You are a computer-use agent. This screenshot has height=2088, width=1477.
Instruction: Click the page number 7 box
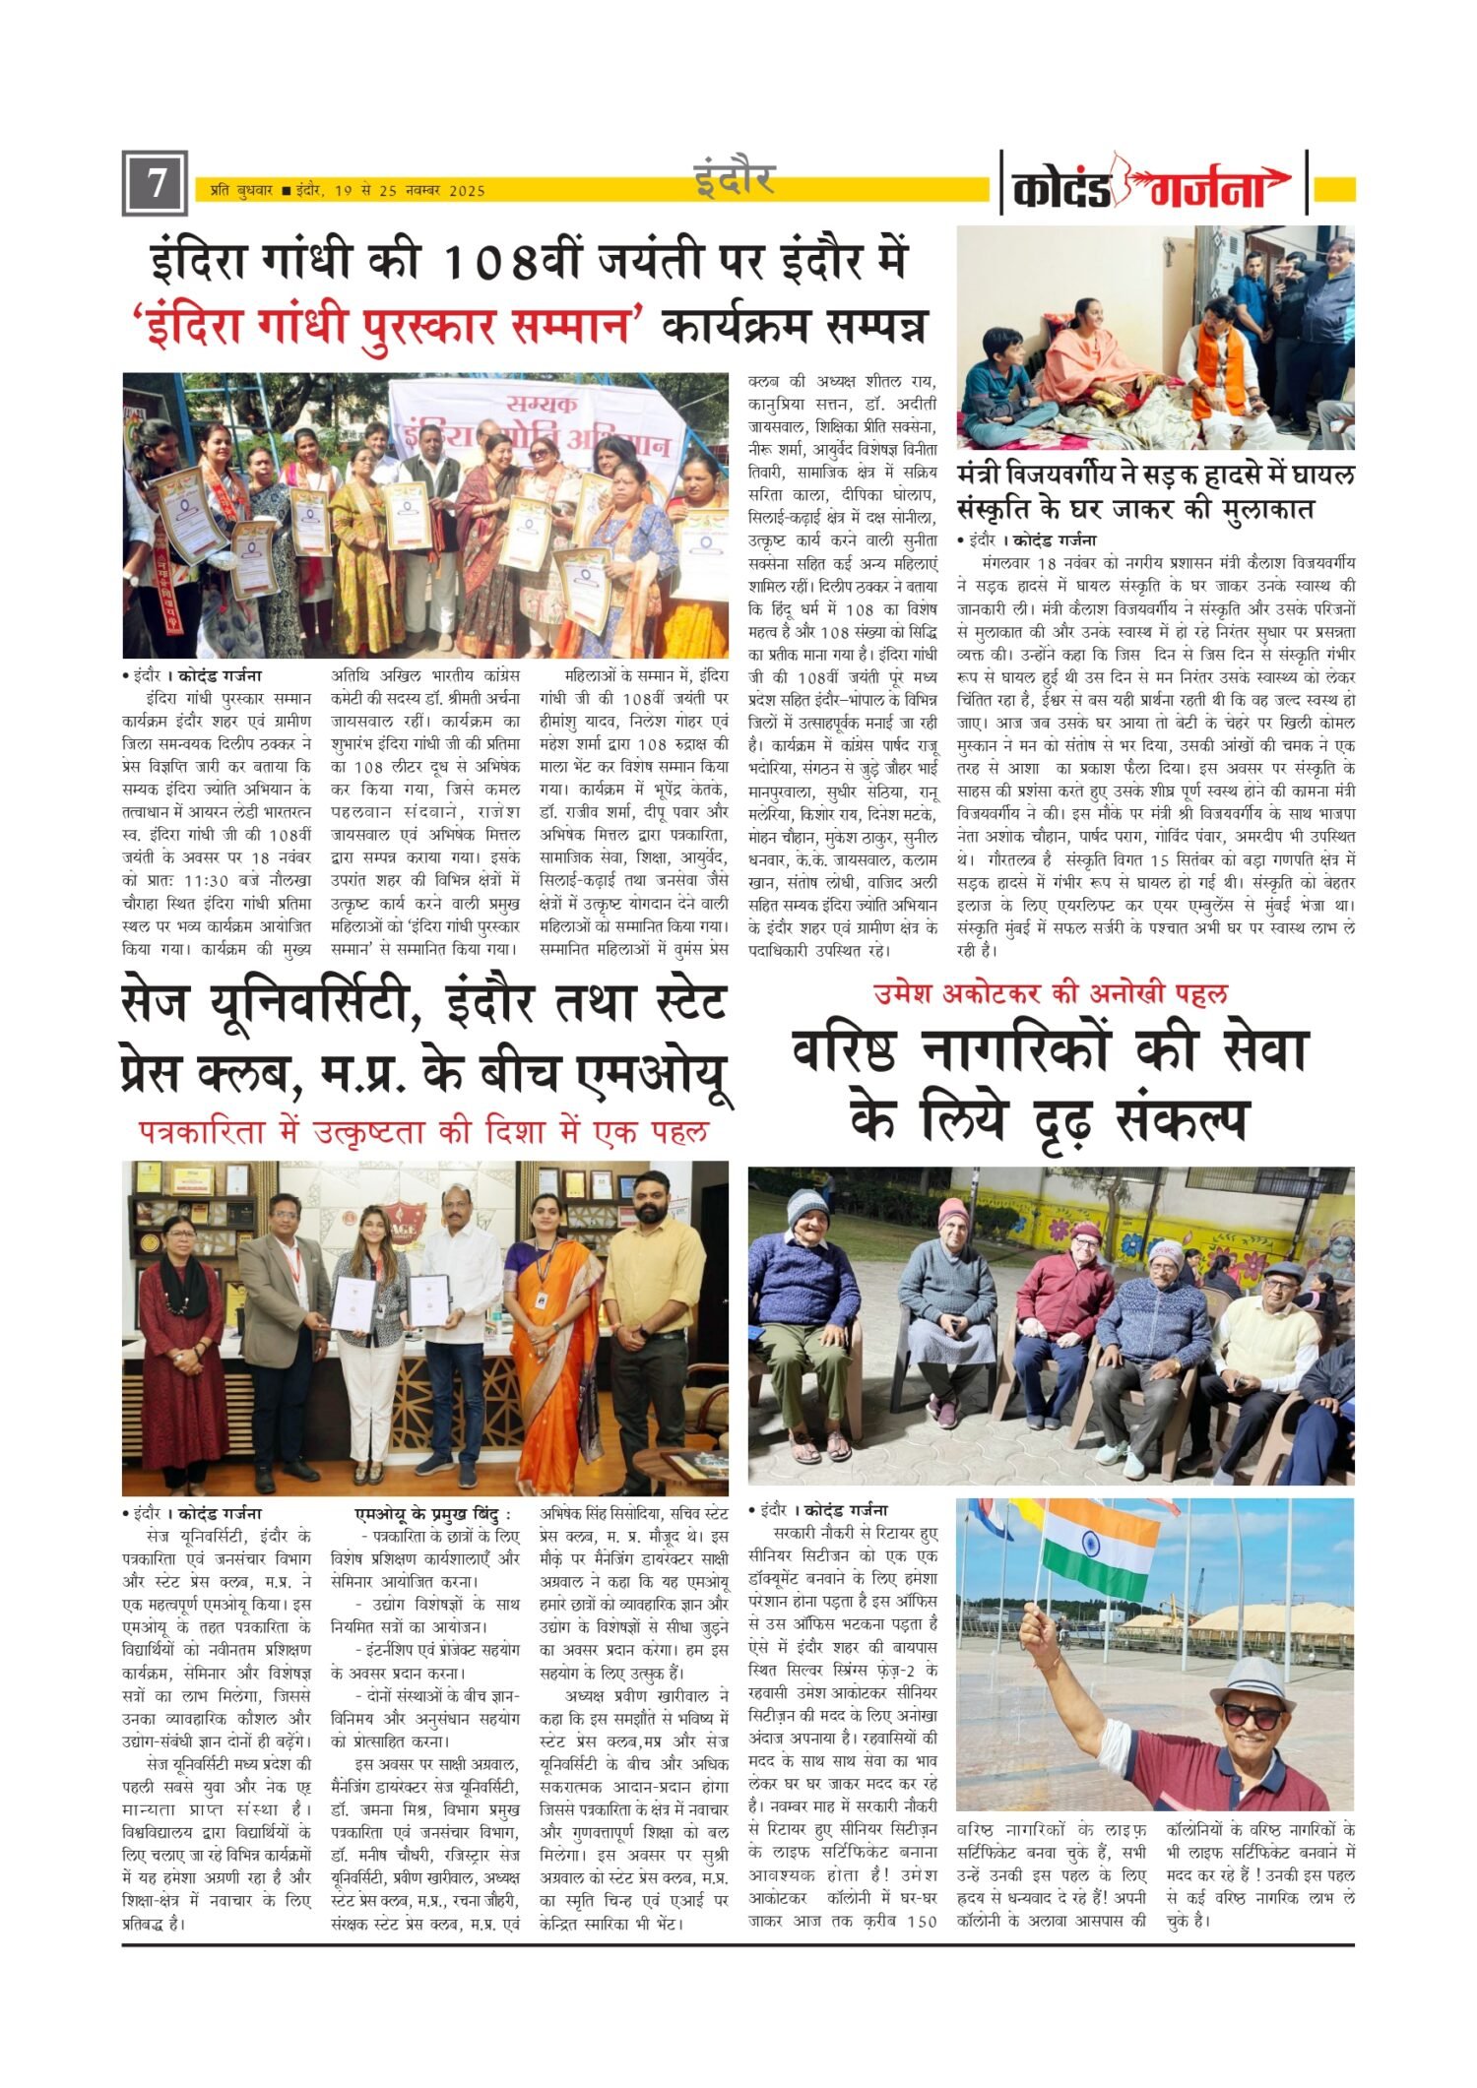[x=155, y=183]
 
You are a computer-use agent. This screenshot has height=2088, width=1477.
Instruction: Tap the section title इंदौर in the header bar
[x=734, y=179]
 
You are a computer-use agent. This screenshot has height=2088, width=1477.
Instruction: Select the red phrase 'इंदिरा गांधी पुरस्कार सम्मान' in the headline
[x=387, y=326]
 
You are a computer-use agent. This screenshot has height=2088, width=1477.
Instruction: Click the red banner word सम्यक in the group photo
[x=542, y=403]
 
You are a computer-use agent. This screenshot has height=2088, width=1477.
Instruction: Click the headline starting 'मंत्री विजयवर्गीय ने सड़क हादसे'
[x=1154, y=493]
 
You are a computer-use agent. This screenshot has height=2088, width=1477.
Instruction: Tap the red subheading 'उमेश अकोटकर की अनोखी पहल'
[x=1051, y=994]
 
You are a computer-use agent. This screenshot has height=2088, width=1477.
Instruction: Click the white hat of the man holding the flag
[x=1252, y=1682]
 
